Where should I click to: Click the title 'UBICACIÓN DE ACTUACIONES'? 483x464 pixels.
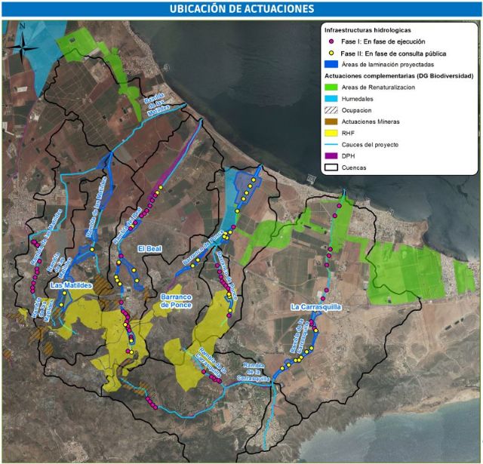[x=241, y=8]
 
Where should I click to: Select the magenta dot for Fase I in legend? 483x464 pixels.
[x=331, y=42]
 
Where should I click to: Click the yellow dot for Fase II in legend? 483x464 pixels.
[x=331, y=54]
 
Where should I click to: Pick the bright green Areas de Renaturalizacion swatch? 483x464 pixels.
[x=331, y=87]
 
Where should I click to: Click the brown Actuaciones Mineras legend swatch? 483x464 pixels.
[x=331, y=121]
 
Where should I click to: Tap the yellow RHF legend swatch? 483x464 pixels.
[x=331, y=132]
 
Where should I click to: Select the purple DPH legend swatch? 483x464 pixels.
[x=331, y=155]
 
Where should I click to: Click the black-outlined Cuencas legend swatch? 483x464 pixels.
[x=331, y=167]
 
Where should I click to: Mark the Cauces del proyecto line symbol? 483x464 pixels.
[x=331, y=144]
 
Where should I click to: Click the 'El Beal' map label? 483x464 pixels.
[x=151, y=249]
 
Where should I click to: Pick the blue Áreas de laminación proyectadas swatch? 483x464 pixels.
[x=331, y=65]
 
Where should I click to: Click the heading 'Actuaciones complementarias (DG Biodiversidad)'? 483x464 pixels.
[x=398, y=76]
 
